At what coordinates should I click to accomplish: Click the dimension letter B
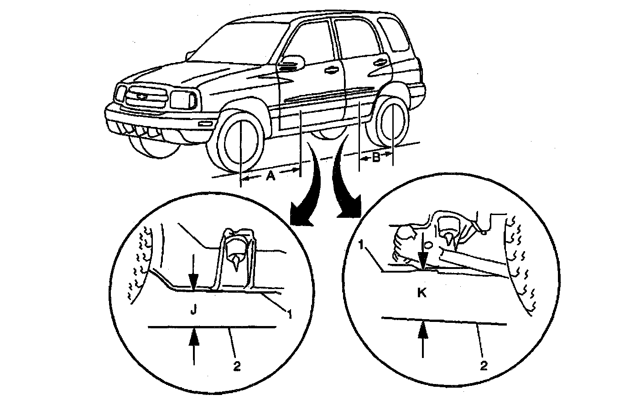click(376, 158)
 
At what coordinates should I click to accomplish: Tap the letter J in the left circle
click(193, 311)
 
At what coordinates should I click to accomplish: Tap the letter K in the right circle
click(422, 293)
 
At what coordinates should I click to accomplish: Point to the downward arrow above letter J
click(194, 274)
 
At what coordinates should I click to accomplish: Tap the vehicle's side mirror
click(292, 61)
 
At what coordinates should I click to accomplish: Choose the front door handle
click(331, 69)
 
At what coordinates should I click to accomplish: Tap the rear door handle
click(377, 63)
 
